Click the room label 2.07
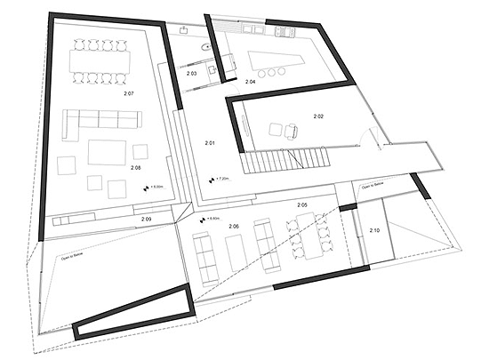129,92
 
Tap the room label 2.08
136,167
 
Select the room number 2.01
210,142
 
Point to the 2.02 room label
318,116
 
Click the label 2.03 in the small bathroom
191,73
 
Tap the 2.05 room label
303,205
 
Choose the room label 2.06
233,227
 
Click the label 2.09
147,218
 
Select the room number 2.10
375,231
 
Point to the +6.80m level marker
212,219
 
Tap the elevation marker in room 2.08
155,188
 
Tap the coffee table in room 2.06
236,252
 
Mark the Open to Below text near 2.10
373,188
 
